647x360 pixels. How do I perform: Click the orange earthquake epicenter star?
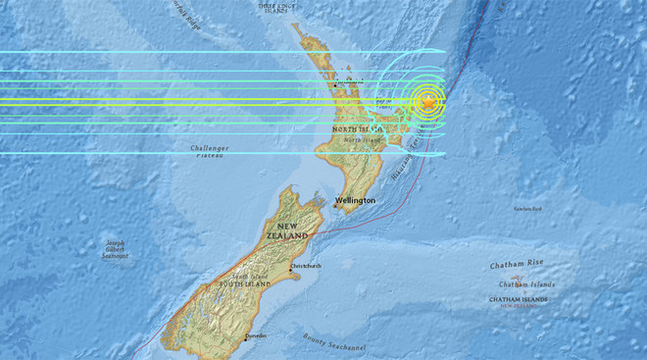click(427, 102)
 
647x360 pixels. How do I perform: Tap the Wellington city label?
click(355, 200)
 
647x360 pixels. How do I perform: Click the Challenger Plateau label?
click(205, 151)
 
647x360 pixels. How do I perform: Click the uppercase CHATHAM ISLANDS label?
click(520, 299)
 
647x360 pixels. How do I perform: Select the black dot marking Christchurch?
click(291, 266)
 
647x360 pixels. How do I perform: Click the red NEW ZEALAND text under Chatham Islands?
click(520, 306)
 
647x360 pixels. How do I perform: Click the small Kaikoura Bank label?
click(529, 208)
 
